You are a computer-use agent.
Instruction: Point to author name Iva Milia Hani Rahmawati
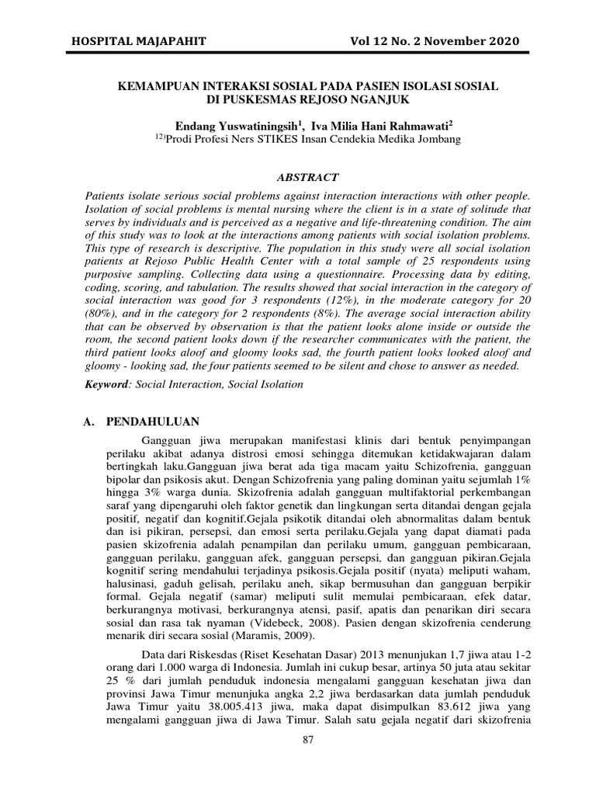click(379, 125)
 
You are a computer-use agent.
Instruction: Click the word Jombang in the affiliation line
click(438, 140)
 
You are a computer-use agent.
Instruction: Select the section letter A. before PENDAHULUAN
click(88, 422)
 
